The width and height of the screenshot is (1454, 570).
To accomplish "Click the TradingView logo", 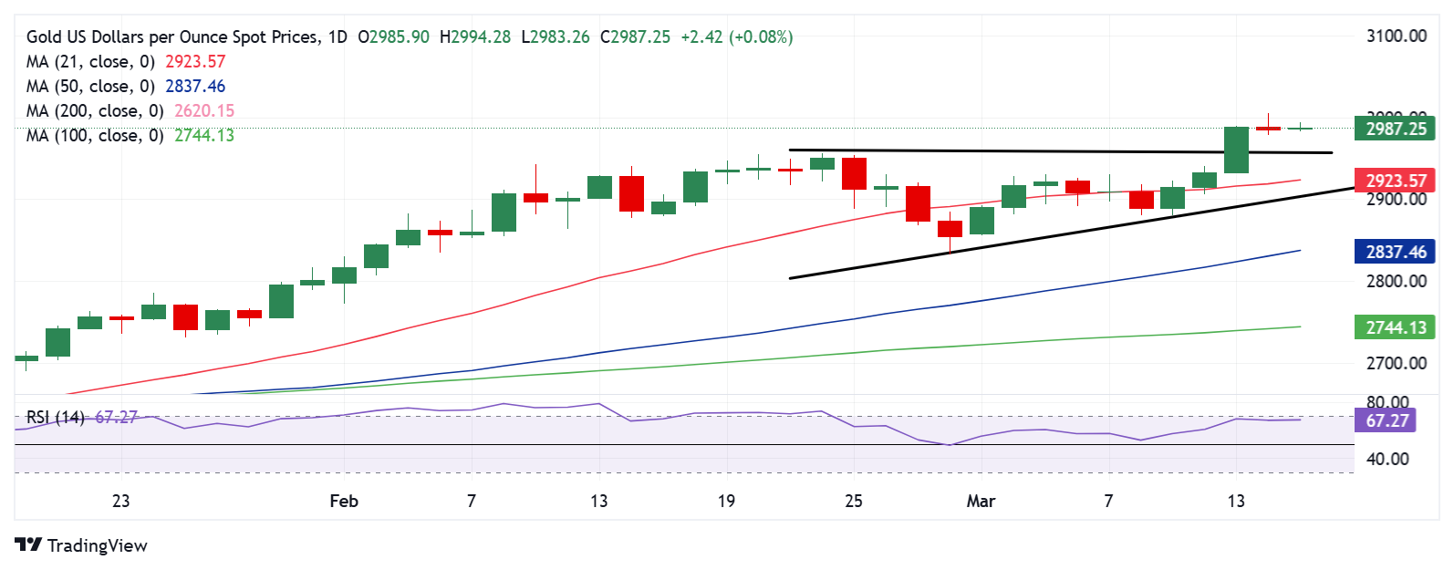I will point(81,545).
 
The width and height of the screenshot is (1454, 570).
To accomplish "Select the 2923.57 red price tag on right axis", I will point(1395,181).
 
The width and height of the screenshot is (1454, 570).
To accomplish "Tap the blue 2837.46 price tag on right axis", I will point(1395,252).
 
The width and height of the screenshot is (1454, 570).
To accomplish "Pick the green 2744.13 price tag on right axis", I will point(1395,327).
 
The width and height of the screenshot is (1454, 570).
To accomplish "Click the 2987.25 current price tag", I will point(1395,129).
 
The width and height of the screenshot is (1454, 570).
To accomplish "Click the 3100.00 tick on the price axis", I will point(1396,36).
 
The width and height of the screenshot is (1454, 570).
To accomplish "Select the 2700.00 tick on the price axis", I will point(1396,363).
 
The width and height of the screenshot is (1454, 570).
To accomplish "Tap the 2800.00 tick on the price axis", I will point(1396,281).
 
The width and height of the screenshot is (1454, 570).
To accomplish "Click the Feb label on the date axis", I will point(344,501).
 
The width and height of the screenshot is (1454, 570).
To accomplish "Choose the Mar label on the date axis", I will point(981,501).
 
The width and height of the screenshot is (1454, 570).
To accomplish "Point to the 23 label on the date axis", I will point(120,501).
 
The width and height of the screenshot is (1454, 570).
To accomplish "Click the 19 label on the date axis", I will point(726,501).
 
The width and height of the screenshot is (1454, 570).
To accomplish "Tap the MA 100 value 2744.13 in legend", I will point(204,135).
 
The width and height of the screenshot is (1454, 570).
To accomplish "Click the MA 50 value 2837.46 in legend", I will point(195,86).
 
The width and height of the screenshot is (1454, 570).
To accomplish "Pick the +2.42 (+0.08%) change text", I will point(736,36).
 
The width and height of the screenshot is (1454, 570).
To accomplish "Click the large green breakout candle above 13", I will point(1236,150).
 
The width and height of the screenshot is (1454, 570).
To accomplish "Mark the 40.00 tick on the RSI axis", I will point(1387,459).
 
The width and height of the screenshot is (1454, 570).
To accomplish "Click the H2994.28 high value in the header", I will point(475,36).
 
